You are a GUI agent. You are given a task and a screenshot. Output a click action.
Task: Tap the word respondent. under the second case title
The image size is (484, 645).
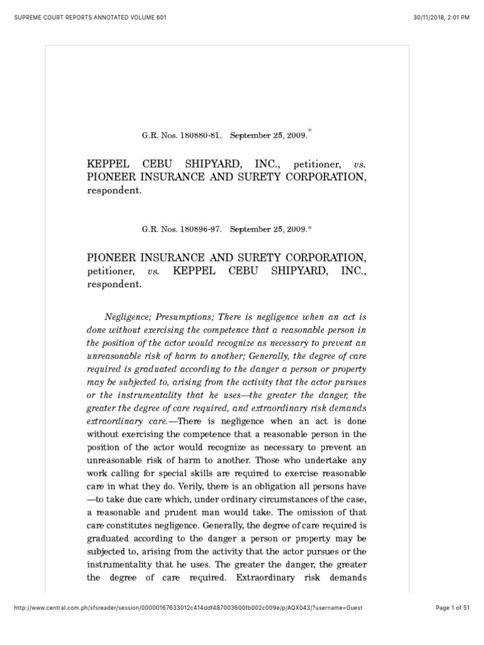click(x=113, y=284)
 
